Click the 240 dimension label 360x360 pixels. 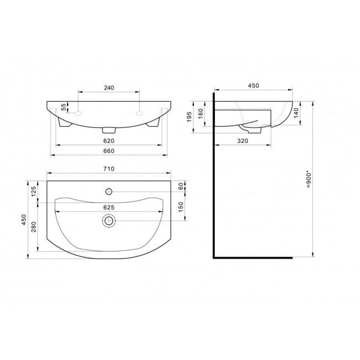tap(109, 88)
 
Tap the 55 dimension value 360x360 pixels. tap(64, 107)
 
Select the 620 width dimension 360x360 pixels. tap(109, 141)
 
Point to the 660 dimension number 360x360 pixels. tap(109, 151)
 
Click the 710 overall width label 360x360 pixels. tap(109, 169)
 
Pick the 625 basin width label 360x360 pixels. tap(109, 207)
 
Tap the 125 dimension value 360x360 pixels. tap(34, 192)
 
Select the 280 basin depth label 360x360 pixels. tap(34, 227)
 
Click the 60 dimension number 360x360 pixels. tap(181, 186)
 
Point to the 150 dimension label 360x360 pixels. tap(181, 207)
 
